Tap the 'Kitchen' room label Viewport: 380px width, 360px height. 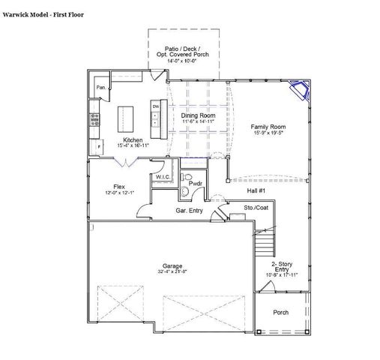(133, 140)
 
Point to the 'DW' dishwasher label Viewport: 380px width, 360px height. (156, 106)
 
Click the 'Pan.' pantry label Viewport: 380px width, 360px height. (100, 88)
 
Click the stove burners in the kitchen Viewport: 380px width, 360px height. (95, 118)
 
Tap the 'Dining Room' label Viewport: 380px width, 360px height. (199, 115)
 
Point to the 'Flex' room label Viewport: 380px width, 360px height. (119, 187)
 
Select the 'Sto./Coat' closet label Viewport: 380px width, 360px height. (256, 207)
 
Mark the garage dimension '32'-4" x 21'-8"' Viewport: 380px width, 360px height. (173, 272)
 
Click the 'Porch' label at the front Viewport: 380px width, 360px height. (281, 312)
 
